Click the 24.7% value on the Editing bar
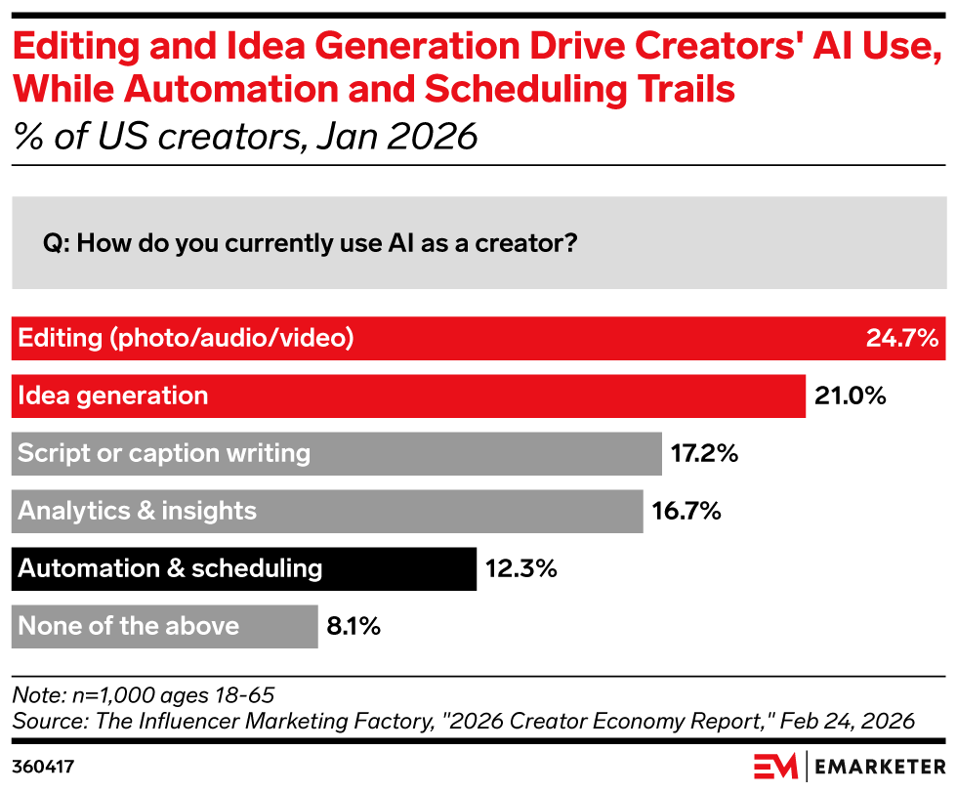tap(901, 339)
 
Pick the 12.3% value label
tap(520, 568)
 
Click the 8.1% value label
tap(354, 626)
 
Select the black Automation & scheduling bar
tap(244, 568)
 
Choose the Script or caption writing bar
tap(336, 453)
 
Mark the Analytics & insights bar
tap(327, 511)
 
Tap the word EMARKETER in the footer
tap(879, 765)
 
